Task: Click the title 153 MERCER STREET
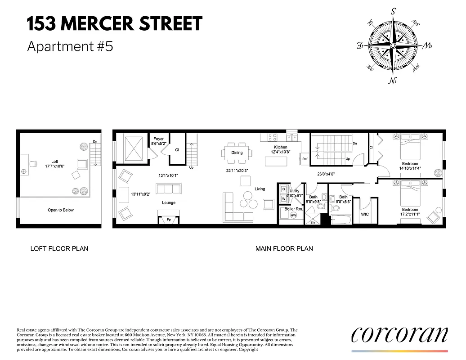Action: [x=115, y=24]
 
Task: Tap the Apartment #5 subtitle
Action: [x=70, y=46]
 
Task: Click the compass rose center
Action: [x=393, y=46]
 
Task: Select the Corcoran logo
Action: [x=399, y=335]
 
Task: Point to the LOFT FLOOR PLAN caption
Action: [x=59, y=248]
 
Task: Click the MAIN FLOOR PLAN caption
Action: [x=284, y=248]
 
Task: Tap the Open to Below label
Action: [x=61, y=210]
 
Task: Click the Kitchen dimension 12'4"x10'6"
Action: [x=281, y=152]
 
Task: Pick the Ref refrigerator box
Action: [x=305, y=159]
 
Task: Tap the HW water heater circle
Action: [x=293, y=216]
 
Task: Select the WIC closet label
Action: [x=365, y=214]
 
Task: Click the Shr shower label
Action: [x=313, y=222]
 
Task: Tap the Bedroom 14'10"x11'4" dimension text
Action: [x=410, y=169]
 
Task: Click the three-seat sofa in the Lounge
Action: [x=168, y=188]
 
